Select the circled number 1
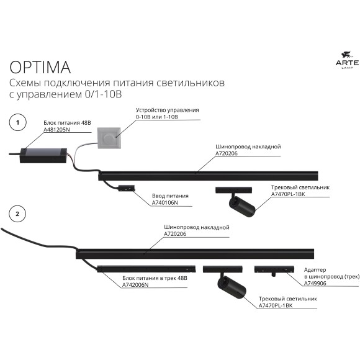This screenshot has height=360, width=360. (x=18, y=124)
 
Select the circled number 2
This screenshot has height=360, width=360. (x=18, y=214)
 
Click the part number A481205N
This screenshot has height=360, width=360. (x=58, y=131)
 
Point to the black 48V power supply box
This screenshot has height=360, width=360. (x=44, y=151)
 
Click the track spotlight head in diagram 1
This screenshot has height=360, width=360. (x=240, y=205)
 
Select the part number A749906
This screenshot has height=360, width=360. (x=316, y=283)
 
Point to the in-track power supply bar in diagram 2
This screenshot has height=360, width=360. (x=149, y=268)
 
